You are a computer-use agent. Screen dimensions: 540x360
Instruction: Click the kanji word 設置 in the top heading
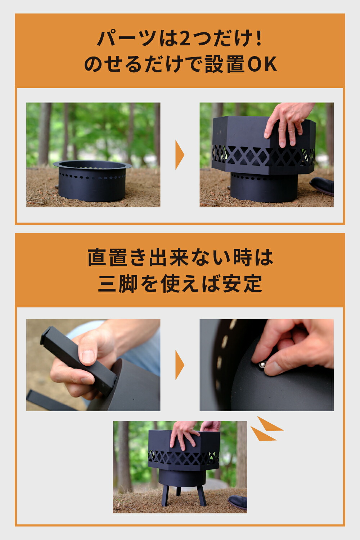[x=225, y=65]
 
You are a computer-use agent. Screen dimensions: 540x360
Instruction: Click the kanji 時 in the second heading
[x=242, y=258]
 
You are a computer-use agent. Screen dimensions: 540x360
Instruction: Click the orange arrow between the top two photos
[x=180, y=155]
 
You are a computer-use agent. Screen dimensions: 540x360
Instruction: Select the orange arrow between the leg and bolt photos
[x=180, y=365]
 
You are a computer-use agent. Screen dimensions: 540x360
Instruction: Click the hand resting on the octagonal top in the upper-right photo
[x=286, y=122]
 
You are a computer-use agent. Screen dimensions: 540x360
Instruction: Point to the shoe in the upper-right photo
[x=322, y=185]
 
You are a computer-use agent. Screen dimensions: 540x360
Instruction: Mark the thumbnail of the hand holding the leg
[x=88, y=356]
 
